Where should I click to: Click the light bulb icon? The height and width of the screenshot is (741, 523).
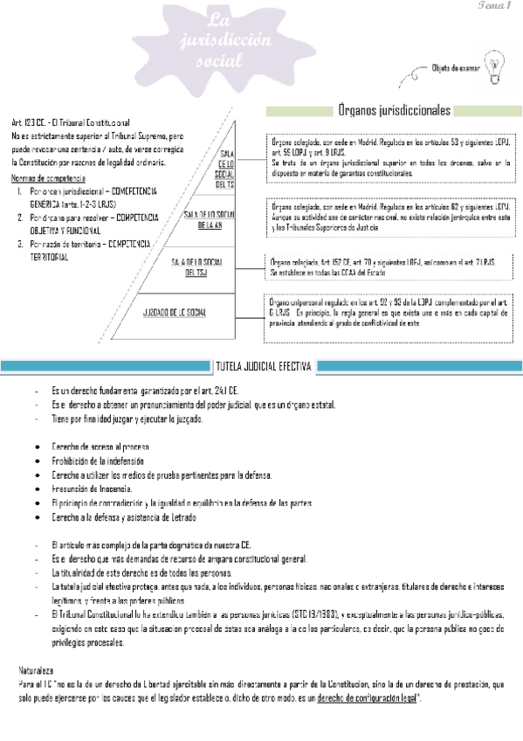click(496, 64)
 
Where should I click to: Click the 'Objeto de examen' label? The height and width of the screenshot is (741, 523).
click(455, 67)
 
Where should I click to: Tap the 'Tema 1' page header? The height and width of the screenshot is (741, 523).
click(493, 6)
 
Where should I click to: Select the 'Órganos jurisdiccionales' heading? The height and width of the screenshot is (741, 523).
click(394, 111)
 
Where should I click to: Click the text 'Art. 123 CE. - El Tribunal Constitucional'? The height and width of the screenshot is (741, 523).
click(71, 123)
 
